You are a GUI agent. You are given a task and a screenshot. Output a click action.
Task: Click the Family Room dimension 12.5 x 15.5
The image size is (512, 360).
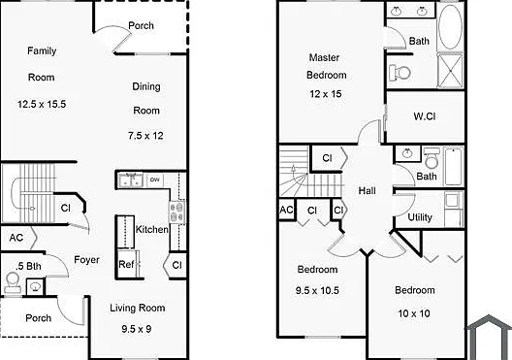[x=42, y=104]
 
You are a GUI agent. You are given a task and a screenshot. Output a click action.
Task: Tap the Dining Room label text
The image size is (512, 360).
[x=146, y=98]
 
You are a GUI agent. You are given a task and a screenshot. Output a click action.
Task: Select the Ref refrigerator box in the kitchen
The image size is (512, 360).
[x=126, y=264]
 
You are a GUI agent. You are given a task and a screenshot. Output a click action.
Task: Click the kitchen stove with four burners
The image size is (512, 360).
[x=177, y=212]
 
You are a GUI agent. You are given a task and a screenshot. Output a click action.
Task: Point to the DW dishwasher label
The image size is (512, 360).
[x=155, y=180]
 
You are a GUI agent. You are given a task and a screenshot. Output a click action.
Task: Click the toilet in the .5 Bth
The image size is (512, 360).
[x=13, y=283]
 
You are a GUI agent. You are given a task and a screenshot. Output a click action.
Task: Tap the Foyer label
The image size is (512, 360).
[x=86, y=260]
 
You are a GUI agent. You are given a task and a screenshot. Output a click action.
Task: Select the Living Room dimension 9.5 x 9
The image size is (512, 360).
[x=137, y=329]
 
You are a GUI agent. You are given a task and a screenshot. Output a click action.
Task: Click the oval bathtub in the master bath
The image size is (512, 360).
[x=450, y=27]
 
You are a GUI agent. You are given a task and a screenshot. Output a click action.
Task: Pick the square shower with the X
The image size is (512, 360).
[x=450, y=71]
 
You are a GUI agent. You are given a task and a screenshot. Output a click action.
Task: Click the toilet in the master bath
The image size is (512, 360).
[x=400, y=73]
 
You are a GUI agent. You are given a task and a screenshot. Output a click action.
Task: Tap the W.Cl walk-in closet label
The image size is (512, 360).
[x=425, y=116]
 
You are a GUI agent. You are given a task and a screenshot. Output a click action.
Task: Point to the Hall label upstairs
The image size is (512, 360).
[x=367, y=190]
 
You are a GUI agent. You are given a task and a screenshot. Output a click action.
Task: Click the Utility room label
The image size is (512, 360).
[x=420, y=217]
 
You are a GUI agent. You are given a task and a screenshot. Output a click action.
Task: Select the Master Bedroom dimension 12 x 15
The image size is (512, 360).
[x=326, y=94]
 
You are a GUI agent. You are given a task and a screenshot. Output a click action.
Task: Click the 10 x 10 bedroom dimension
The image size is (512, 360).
[x=414, y=313]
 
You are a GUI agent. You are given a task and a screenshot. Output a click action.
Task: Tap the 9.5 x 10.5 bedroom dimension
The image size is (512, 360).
[x=317, y=290]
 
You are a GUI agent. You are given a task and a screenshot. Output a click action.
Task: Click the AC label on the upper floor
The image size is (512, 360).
[x=286, y=210]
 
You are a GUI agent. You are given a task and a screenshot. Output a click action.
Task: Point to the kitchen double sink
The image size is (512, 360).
[x=131, y=180]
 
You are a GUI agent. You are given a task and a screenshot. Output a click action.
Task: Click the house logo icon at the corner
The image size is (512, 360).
[x=488, y=337]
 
